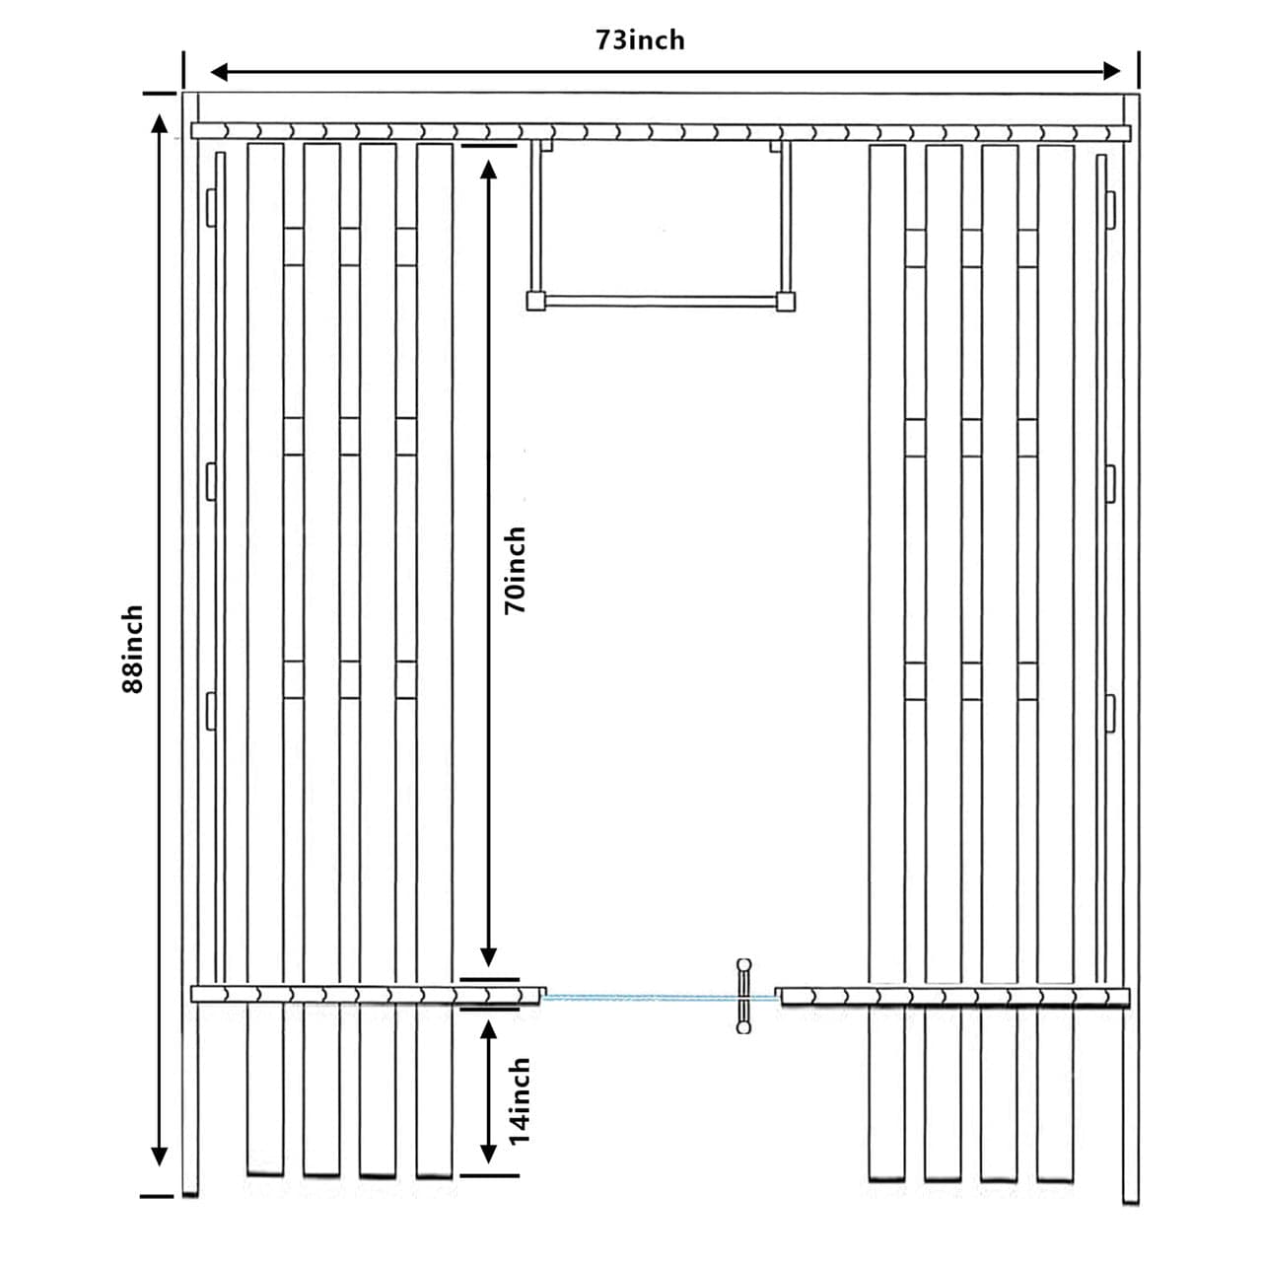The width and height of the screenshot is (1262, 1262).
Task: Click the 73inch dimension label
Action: click(x=640, y=40)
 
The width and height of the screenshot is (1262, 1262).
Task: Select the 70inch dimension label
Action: click(x=516, y=571)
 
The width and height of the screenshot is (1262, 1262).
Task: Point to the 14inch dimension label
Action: click(x=520, y=1100)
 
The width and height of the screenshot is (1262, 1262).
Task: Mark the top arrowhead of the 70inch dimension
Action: click(x=487, y=169)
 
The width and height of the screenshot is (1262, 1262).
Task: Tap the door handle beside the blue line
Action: click(x=743, y=996)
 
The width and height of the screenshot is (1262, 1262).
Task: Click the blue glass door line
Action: click(x=641, y=998)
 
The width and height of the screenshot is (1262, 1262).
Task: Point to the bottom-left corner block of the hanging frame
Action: click(x=536, y=300)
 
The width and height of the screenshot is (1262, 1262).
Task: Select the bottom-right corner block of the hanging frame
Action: click(x=785, y=300)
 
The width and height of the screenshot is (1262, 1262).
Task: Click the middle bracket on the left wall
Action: click(x=210, y=480)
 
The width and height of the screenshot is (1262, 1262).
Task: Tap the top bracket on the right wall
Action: click(x=1110, y=207)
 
